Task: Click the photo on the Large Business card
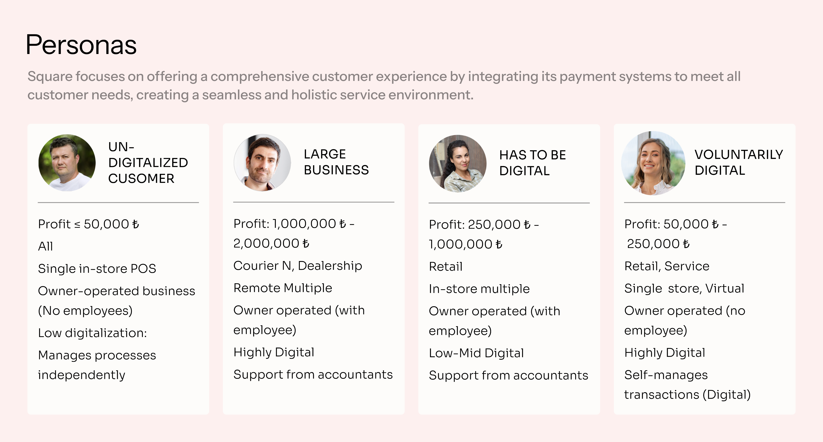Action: [262, 163]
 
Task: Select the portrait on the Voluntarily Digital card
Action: [653, 163]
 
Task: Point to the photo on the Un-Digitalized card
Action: [67, 163]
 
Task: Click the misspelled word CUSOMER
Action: [141, 179]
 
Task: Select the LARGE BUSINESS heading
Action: [336, 162]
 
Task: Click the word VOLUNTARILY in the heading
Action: [739, 155]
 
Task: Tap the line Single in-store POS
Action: [97, 269]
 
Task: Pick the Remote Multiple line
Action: [283, 288]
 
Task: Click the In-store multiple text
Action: [479, 289]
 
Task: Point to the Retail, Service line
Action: [667, 266]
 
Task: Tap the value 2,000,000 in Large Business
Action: [266, 243]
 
